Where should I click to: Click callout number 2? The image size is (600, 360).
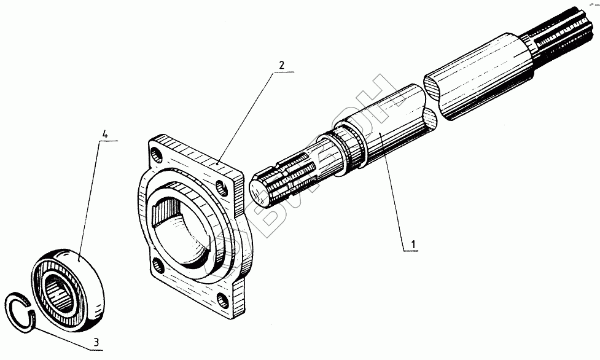pyautogui.click(x=281, y=65)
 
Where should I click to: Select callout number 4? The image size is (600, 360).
pyautogui.click(x=106, y=133)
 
